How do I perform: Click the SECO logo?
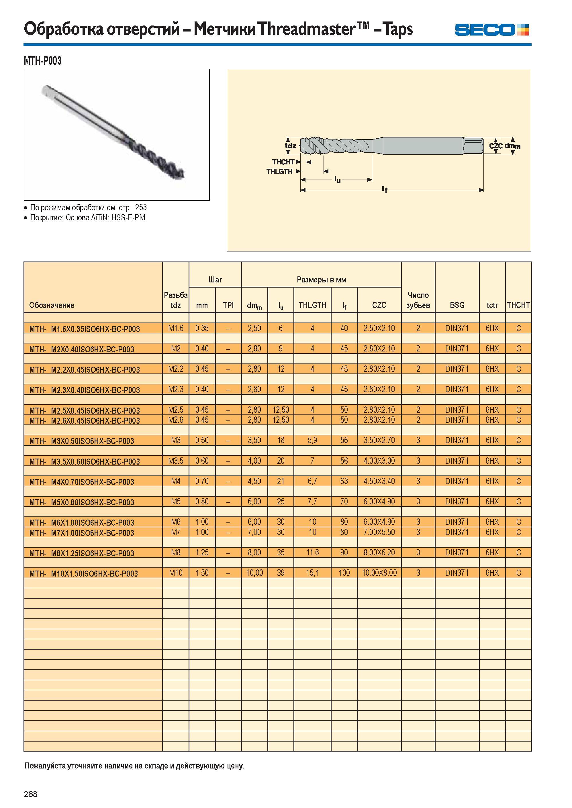(x=491, y=30)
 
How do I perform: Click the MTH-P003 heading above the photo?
(x=43, y=61)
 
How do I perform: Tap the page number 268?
(x=31, y=794)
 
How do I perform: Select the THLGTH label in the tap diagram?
(x=279, y=172)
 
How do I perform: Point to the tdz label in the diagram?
(x=290, y=146)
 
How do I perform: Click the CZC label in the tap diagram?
(x=495, y=146)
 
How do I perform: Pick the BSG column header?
(x=457, y=305)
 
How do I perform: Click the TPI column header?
(x=228, y=305)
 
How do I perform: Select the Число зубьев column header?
(x=418, y=300)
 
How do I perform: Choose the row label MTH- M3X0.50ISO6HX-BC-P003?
(x=82, y=441)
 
